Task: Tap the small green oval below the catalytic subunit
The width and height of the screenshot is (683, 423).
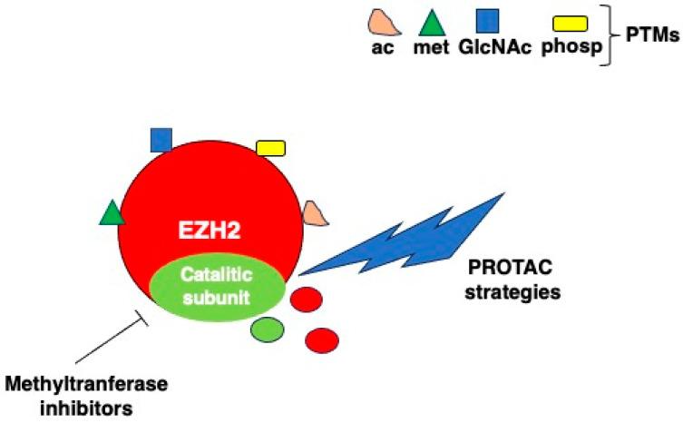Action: click(267, 329)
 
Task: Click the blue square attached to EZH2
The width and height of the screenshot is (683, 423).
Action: click(161, 140)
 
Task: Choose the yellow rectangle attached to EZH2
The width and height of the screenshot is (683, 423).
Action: click(270, 147)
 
